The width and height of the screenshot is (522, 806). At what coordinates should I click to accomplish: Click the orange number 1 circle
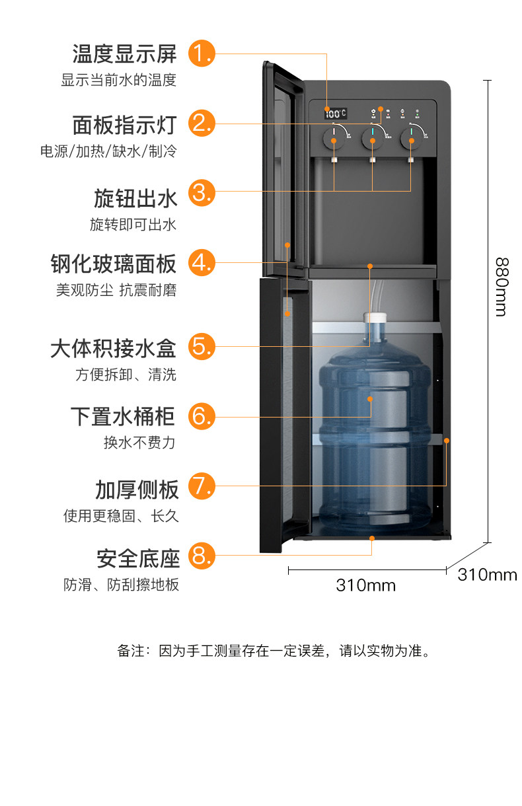pyautogui.click(x=202, y=53)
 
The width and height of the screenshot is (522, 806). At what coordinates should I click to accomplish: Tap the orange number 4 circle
pyautogui.click(x=202, y=263)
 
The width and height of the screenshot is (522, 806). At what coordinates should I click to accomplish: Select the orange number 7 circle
pyautogui.click(x=202, y=486)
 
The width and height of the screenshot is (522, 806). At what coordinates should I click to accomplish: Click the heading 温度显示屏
pyautogui.click(x=125, y=53)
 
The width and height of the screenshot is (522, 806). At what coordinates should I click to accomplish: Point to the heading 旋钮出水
pyautogui.click(x=135, y=198)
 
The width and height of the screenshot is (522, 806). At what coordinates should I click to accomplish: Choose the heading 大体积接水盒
pyautogui.click(x=113, y=348)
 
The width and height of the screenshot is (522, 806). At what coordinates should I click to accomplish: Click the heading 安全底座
pyautogui.click(x=138, y=558)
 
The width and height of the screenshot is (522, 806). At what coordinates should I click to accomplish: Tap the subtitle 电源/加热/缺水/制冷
pyautogui.click(x=108, y=151)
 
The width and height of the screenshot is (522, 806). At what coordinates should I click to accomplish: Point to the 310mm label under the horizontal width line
pyautogui.click(x=366, y=585)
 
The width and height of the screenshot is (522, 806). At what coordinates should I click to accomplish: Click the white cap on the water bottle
pyautogui.click(x=375, y=327)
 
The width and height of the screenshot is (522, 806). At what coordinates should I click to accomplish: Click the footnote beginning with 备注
pyautogui.click(x=274, y=651)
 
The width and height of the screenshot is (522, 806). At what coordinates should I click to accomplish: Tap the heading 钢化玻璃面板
pyautogui.click(x=114, y=264)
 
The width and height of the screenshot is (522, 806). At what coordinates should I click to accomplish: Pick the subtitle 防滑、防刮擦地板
pyautogui.click(x=121, y=585)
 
